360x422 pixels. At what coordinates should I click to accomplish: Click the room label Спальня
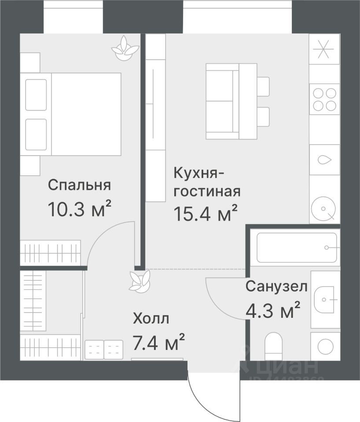pyautogui.click(x=79, y=185)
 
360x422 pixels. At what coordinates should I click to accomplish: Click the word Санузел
pyautogui.click(x=276, y=287)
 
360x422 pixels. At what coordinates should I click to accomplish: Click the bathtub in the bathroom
pyautogui.click(x=297, y=247)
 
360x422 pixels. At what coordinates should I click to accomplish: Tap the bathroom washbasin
pyautogui.click(x=325, y=299)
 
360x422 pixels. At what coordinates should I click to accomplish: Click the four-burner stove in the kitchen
pyautogui.click(x=324, y=98)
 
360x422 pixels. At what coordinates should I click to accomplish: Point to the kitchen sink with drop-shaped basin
pyautogui.click(x=324, y=160)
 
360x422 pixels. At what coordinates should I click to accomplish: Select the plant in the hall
pyautogui.click(x=140, y=280)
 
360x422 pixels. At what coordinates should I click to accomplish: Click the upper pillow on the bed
pyautogui.click(x=36, y=95)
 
